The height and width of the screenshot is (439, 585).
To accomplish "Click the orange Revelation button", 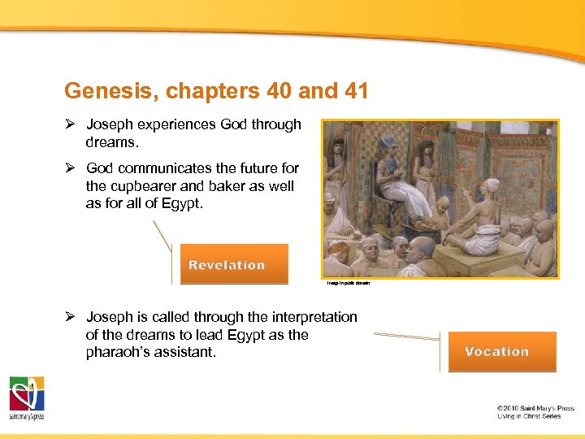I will [234, 264].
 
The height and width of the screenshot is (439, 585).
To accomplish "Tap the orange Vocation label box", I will [502, 351].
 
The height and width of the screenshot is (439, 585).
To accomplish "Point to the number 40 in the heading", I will [280, 90].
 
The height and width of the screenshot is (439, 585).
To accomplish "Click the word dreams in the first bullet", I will [112, 141].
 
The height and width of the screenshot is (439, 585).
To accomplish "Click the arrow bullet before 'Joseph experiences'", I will [70, 124].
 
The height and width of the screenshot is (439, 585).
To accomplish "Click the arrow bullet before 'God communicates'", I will [70, 168].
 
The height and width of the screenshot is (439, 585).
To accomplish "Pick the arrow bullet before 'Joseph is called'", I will [70, 316].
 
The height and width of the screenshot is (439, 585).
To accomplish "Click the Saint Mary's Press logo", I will [27, 398].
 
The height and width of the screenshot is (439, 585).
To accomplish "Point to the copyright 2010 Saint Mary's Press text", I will [535, 408].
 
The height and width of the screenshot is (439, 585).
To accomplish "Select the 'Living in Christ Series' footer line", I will [529, 416].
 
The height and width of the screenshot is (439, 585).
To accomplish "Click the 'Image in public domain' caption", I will [349, 283].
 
